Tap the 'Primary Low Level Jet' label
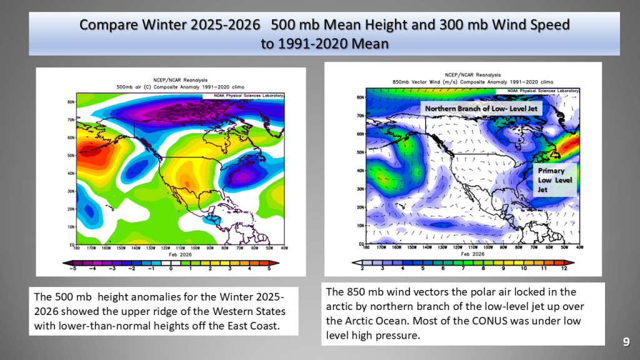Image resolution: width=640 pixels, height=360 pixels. click(x=551, y=179)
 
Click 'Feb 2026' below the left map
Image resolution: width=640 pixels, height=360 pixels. click(x=172, y=255)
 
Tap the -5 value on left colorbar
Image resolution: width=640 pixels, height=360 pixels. click(x=72, y=269)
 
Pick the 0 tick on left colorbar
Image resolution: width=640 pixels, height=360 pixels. click(x=171, y=269)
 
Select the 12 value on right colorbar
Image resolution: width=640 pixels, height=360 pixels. click(x=564, y=268)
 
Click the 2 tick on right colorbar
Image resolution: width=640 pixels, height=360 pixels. click(x=363, y=268)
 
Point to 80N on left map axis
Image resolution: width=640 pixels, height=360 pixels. click(x=71, y=101)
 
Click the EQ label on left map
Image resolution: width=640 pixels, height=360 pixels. click(x=71, y=245)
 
